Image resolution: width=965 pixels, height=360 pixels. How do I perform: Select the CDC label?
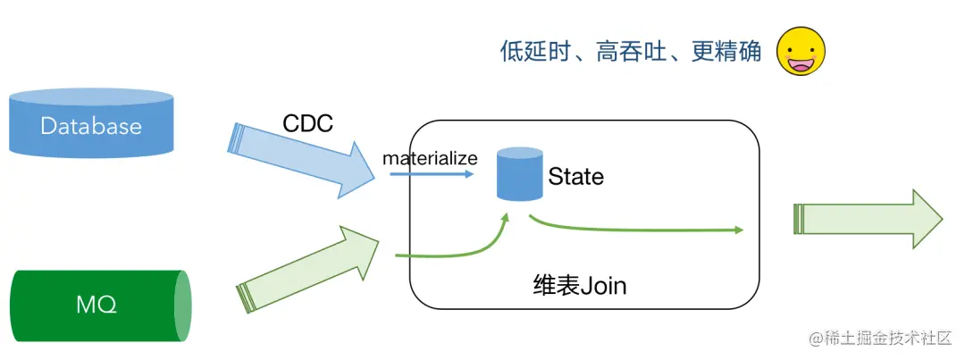point(307,123)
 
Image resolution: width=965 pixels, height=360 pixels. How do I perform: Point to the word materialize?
point(430,159)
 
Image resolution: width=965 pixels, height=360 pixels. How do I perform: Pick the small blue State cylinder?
point(520,174)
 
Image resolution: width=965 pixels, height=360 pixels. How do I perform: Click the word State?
point(575,177)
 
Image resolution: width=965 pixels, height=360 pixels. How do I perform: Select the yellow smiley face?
point(801,51)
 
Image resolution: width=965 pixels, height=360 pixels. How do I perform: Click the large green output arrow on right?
point(867,220)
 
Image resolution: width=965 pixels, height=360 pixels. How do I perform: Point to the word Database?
point(90,126)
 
